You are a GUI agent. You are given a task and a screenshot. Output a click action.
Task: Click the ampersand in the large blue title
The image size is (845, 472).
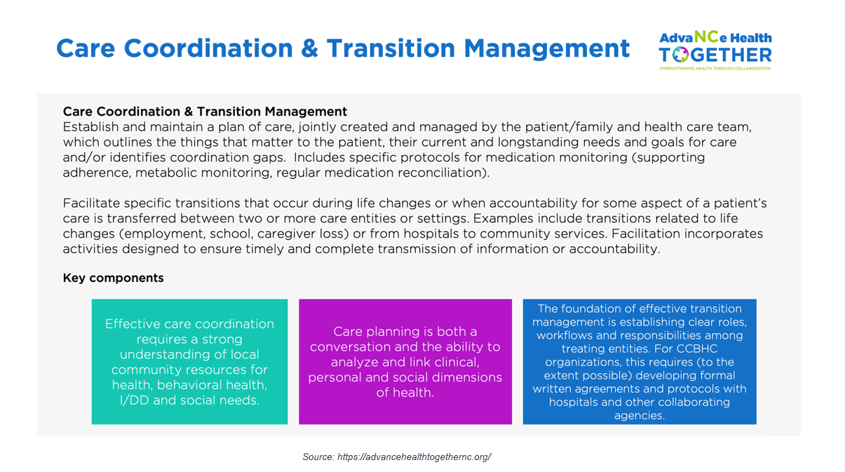point(310,48)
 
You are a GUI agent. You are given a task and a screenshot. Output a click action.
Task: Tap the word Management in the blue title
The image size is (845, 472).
point(546,48)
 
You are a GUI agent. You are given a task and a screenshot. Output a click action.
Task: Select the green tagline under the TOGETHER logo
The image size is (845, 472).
point(715,69)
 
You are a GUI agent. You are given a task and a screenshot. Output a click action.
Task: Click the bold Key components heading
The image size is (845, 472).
point(113,278)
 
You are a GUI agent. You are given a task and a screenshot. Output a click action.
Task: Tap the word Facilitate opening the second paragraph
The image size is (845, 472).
point(91,203)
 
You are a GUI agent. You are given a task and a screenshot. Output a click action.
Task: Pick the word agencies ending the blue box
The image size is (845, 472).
point(640,416)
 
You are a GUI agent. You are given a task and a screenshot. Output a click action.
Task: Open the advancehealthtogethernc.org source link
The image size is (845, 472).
point(414,457)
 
